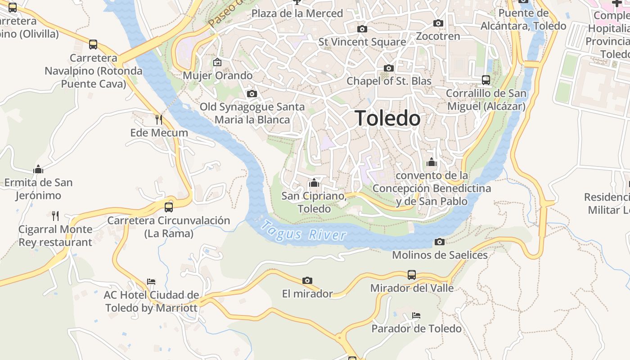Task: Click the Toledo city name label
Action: [388, 118]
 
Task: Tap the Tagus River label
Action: [305, 230]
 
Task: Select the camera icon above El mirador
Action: [307, 281]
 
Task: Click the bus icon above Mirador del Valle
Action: [412, 274]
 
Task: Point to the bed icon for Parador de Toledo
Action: [416, 315]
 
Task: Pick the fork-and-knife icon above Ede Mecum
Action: [159, 119]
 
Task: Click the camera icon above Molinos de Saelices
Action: [440, 242]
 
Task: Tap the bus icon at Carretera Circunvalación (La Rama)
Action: [169, 207]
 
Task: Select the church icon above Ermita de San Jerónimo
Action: [38, 169]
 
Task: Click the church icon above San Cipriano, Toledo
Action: [314, 183]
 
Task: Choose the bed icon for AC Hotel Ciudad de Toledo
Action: [151, 282]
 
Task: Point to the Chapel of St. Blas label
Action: [389, 81]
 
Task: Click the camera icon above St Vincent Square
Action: [362, 29]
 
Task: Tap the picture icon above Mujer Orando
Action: [217, 62]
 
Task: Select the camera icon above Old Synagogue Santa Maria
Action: [252, 94]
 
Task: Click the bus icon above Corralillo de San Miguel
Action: [486, 80]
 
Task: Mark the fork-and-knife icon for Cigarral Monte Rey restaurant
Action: [55, 216]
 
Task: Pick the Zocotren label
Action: [438, 36]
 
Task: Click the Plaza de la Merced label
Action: [297, 13]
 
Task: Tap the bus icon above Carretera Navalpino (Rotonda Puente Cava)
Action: [93, 45]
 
